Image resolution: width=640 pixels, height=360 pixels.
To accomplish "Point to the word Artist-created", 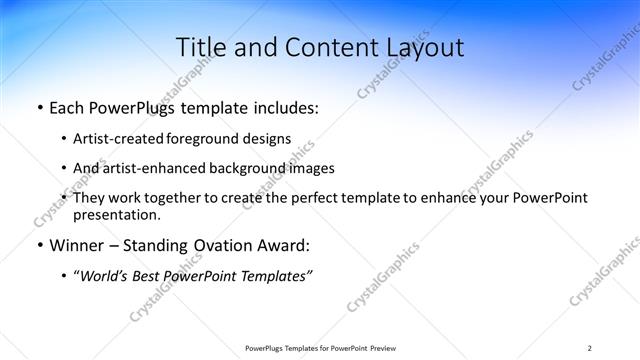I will pyautogui.click(x=120, y=140).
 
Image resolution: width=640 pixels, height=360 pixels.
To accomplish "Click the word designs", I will pyautogui.click(x=268, y=140).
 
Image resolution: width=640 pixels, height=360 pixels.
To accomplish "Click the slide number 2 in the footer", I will pyautogui.click(x=589, y=347).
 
